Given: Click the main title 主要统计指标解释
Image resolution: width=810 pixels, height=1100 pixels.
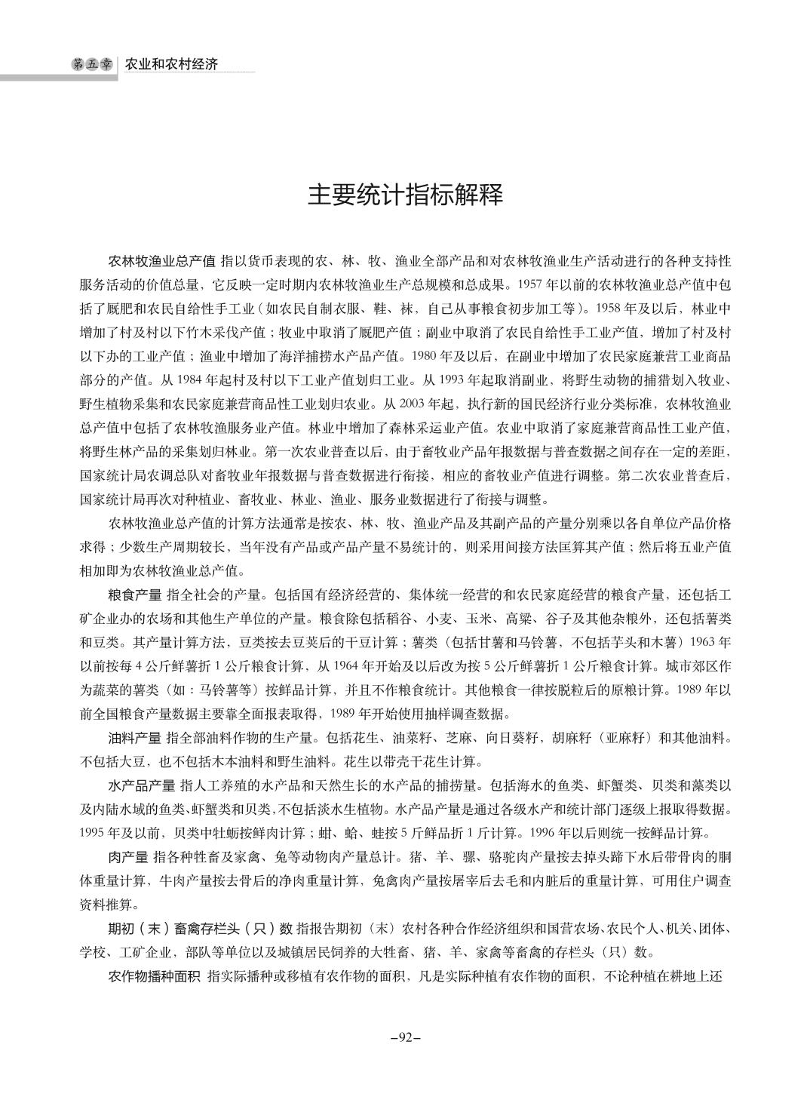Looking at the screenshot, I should tap(405, 195).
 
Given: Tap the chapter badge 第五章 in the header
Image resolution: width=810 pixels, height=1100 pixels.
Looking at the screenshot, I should tap(91, 65).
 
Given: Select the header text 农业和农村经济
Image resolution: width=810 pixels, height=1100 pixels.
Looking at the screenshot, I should tap(171, 65).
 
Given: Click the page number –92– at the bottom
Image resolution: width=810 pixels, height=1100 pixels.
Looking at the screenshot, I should tap(405, 1037).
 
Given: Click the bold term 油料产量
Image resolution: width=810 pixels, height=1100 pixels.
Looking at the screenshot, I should tap(135, 736).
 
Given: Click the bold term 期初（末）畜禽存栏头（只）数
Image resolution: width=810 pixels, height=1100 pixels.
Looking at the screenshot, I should tap(201, 927).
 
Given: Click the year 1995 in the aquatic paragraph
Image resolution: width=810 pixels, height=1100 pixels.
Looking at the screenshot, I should tap(93, 834).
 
